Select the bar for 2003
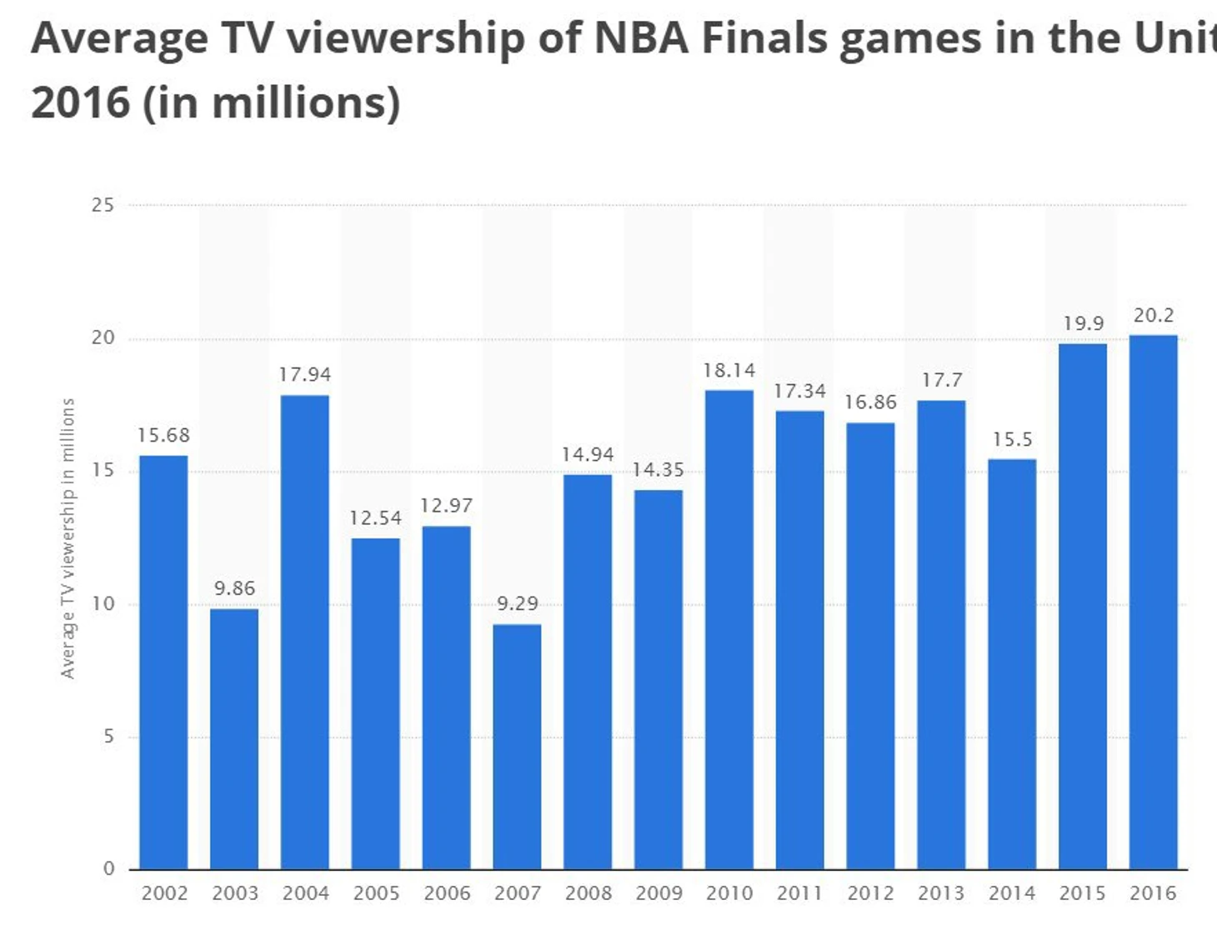point(234,739)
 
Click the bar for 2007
point(517,747)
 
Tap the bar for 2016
point(1153,602)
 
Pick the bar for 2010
point(729,630)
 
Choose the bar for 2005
point(375,704)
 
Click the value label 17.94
point(305,375)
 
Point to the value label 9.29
point(518,603)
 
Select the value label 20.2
point(1154,316)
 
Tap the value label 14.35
point(659,470)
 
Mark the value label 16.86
point(871,402)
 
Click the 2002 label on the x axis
point(164,893)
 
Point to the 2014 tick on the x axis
point(1012,893)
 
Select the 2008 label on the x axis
point(588,893)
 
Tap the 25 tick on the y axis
point(103,205)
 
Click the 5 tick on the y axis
point(108,737)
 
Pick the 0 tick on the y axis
point(108,869)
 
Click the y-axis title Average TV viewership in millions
point(68,538)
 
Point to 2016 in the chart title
point(81,102)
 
